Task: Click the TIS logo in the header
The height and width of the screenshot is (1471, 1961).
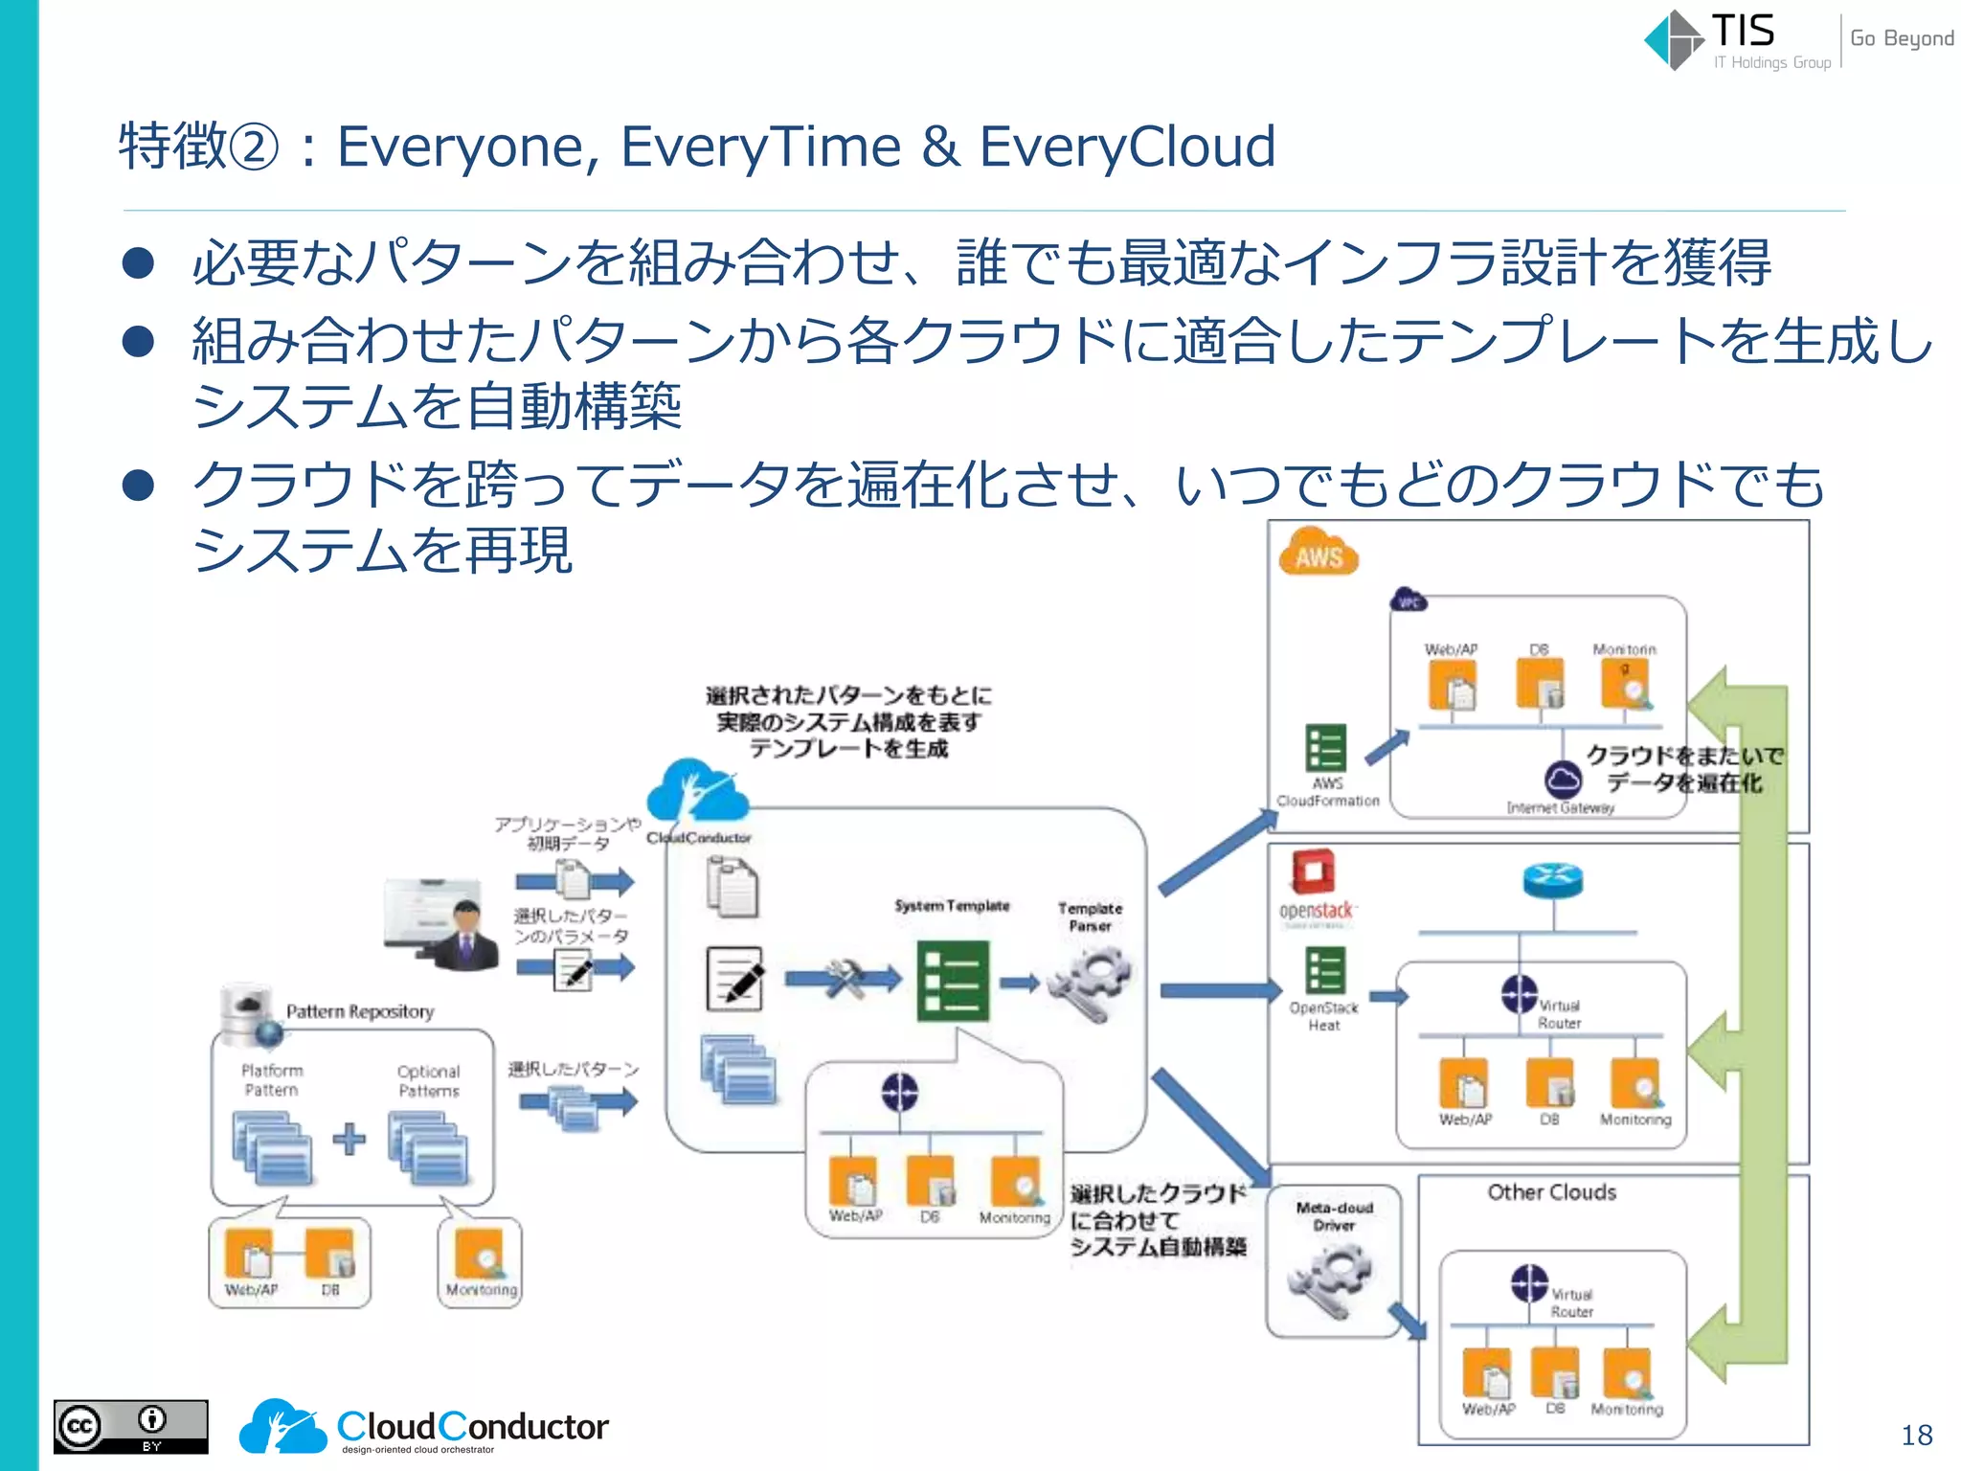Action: (1714, 40)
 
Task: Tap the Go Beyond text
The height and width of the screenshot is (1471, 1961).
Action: (1901, 38)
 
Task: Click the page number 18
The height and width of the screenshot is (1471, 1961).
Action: (1916, 1435)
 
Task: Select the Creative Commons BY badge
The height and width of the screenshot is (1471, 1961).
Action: (130, 1427)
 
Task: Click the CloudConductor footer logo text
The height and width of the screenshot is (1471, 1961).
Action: (472, 1427)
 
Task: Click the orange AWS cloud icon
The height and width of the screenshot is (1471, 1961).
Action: (1319, 554)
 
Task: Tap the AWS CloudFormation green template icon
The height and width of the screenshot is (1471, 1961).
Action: (1326, 748)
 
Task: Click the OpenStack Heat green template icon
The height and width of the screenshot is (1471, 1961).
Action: (1325, 970)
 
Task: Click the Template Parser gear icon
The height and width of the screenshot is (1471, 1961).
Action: (1091, 983)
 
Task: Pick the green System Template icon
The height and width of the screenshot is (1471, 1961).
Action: (952, 981)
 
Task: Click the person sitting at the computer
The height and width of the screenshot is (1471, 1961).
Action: (464, 936)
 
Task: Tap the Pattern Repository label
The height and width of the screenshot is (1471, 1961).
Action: (359, 1011)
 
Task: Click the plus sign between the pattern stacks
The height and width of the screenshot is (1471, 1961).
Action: (349, 1138)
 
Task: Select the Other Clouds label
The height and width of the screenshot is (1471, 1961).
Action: (1551, 1192)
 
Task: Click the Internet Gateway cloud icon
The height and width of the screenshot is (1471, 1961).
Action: (1563, 779)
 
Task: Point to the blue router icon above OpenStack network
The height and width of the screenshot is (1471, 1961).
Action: (1552, 880)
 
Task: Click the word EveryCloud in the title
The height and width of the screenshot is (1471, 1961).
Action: (1127, 147)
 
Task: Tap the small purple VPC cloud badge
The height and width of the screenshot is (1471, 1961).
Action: (1408, 600)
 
